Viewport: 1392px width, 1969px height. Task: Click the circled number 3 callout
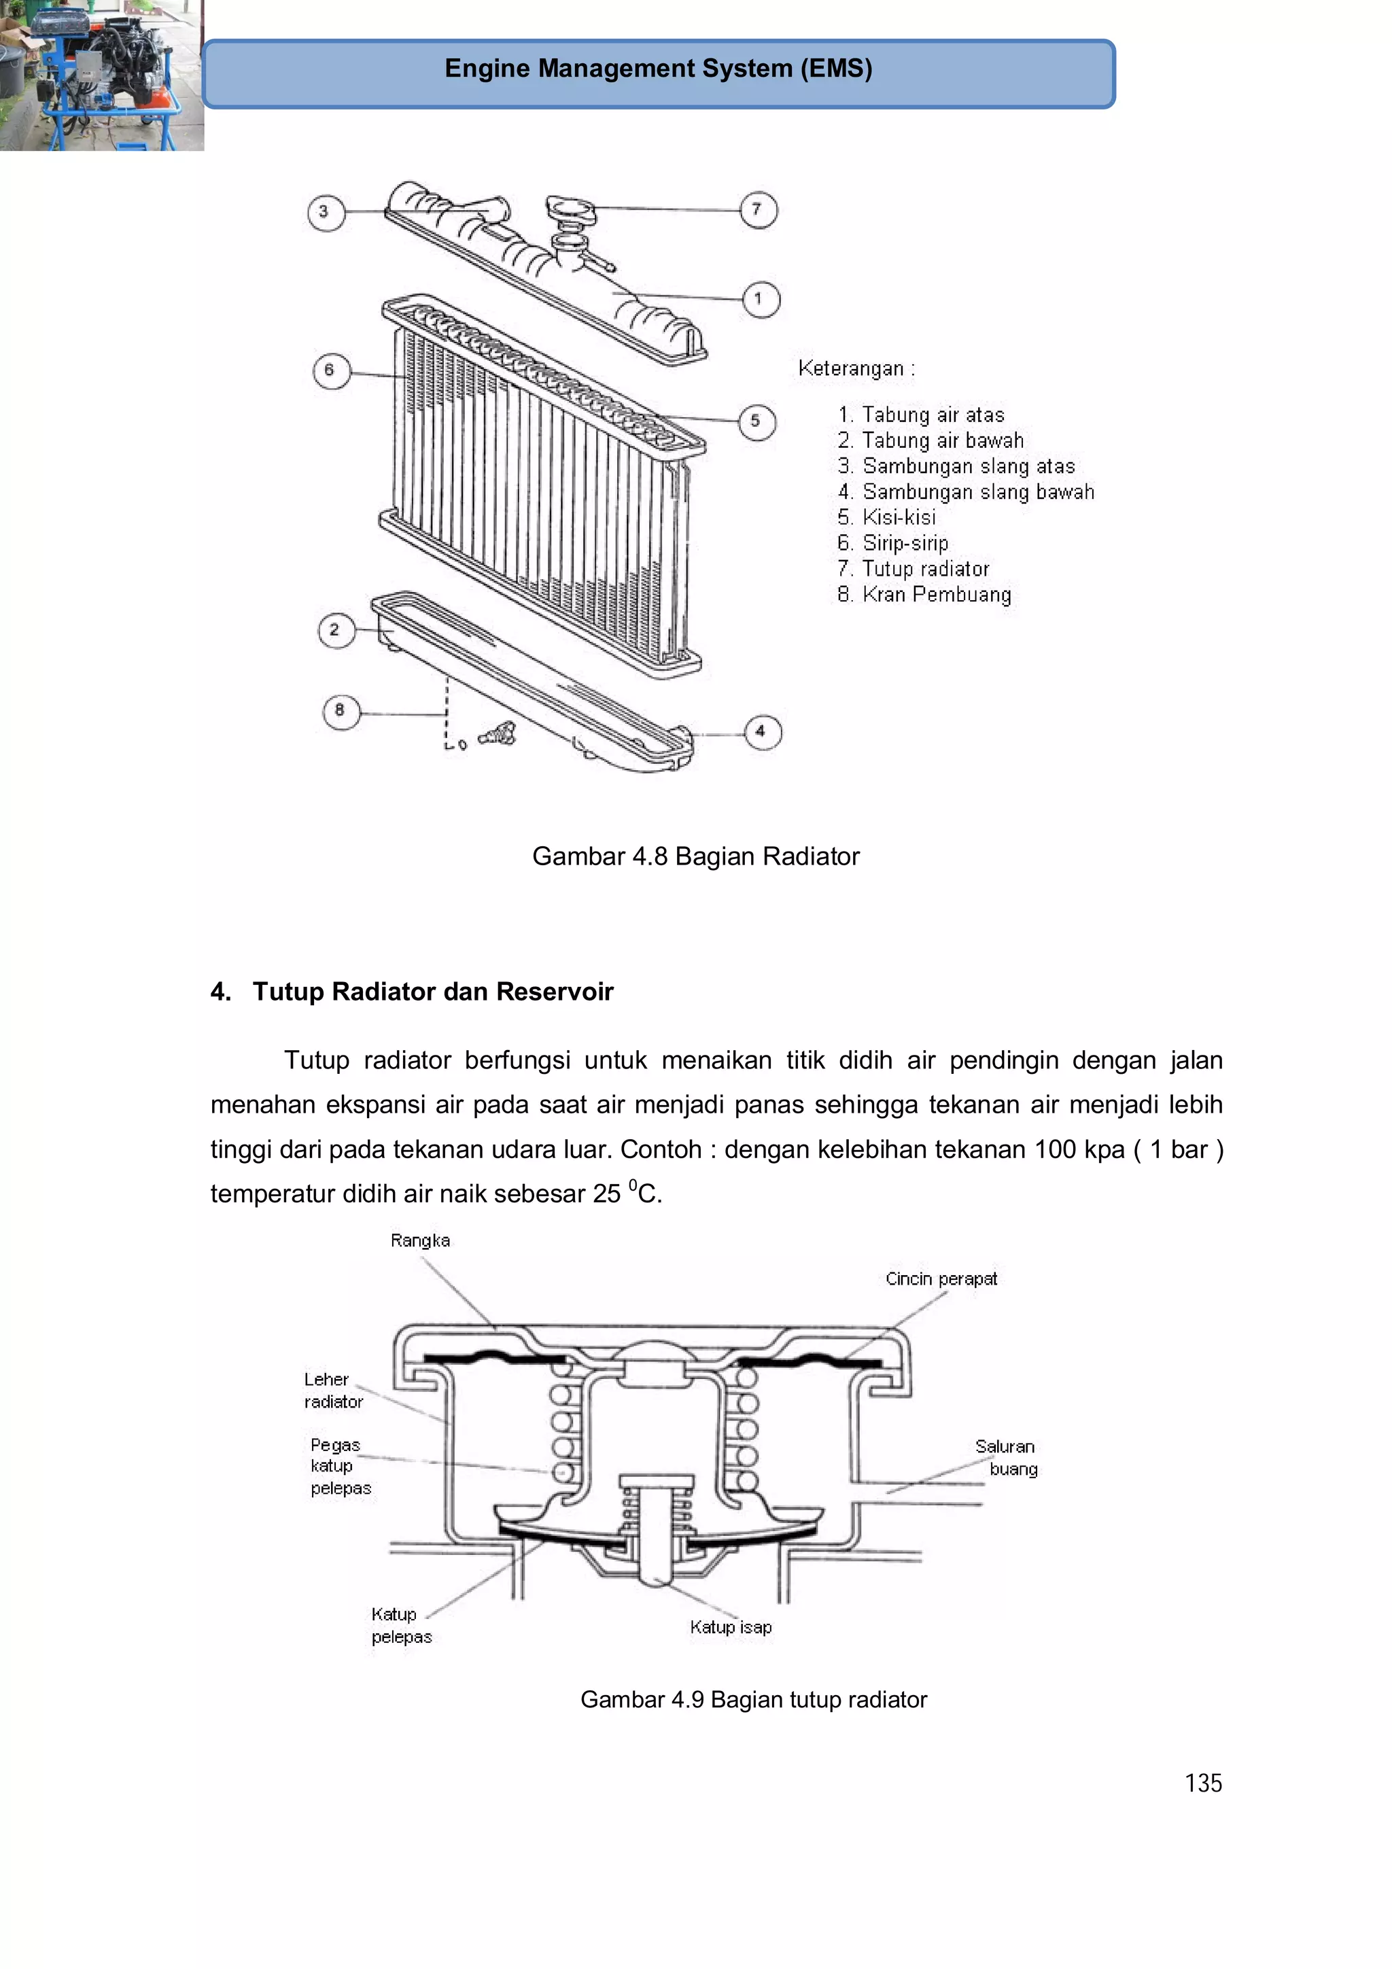click(325, 212)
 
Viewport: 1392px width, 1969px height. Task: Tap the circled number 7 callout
click(758, 209)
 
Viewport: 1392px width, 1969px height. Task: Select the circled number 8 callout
click(341, 711)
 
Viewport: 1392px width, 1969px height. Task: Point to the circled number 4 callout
click(762, 731)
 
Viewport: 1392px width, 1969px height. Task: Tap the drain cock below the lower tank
click(498, 734)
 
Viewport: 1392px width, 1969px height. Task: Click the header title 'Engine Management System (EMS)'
click(658, 69)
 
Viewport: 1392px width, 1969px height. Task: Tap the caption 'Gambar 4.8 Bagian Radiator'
click(695, 856)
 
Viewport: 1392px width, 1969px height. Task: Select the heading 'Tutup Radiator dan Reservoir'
click(432, 992)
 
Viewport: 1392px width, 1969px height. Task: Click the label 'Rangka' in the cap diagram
click(419, 1240)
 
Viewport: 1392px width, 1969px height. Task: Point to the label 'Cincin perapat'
click(941, 1278)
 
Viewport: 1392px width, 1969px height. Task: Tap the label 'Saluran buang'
click(1006, 1457)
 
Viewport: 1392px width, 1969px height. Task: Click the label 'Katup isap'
click(731, 1627)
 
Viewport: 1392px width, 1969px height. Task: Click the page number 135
click(1202, 1783)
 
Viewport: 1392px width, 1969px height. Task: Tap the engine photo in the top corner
click(101, 75)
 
